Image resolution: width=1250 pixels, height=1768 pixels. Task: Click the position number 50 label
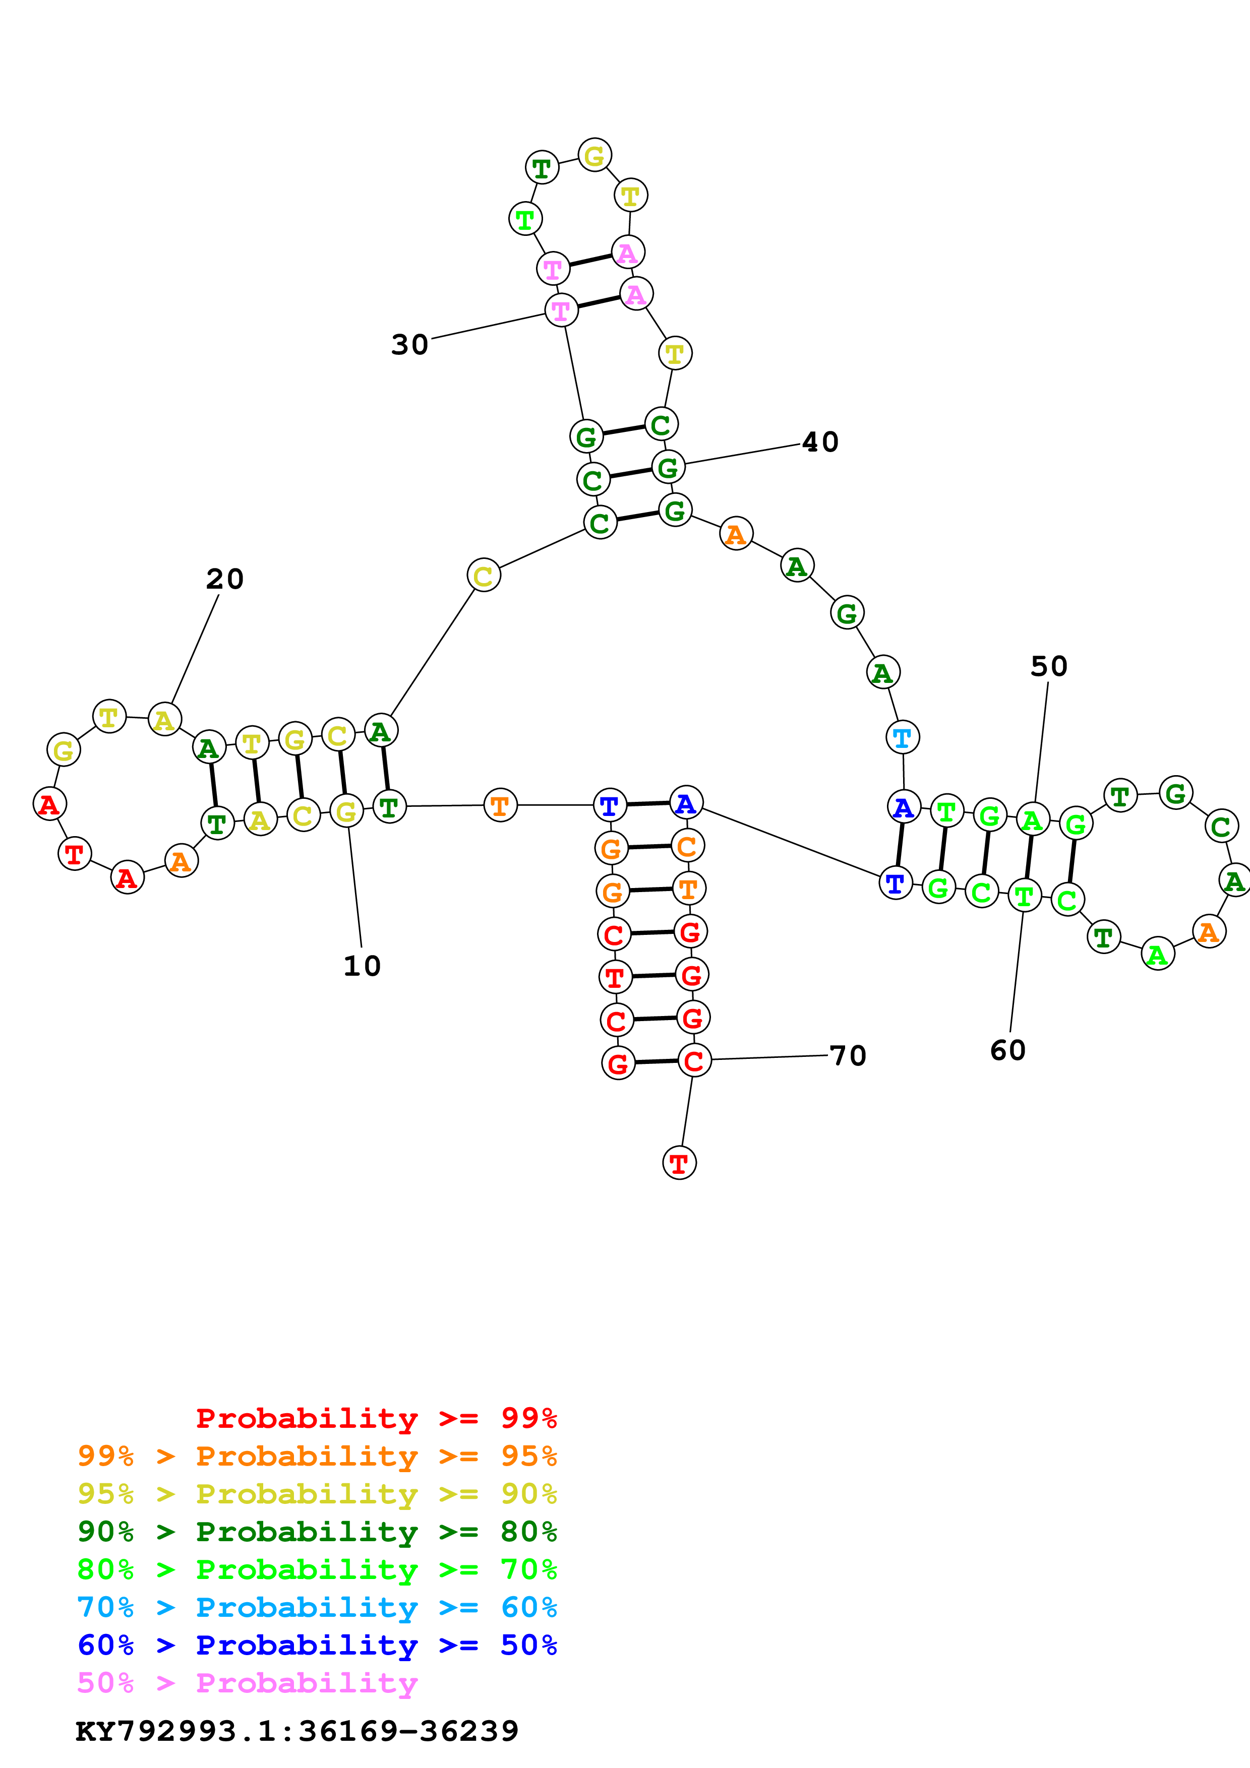[x=1048, y=666]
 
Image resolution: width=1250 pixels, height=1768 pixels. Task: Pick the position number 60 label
[x=1007, y=1050]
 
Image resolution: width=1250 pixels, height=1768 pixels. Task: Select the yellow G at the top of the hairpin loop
[x=594, y=156]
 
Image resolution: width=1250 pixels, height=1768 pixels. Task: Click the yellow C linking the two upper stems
[x=484, y=575]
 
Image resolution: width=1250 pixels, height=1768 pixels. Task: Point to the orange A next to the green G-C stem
[x=736, y=534]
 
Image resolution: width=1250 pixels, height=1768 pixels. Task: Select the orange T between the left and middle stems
[x=500, y=805]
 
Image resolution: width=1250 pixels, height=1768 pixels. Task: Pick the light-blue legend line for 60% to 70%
[x=317, y=1607]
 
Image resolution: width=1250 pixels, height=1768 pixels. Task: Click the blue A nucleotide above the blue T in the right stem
[x=904, y=807]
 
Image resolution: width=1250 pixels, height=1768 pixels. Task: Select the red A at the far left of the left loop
[x=49, y=804]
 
